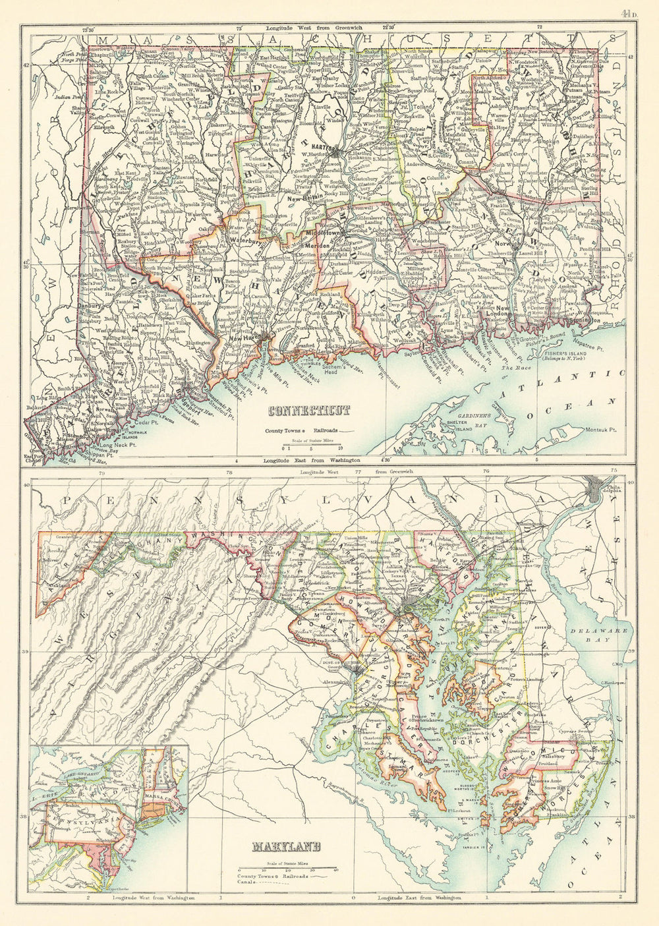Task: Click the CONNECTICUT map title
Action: [309, 411]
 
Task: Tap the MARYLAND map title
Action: [285, 846]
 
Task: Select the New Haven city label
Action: [243, 338]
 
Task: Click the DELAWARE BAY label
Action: [598, 634]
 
